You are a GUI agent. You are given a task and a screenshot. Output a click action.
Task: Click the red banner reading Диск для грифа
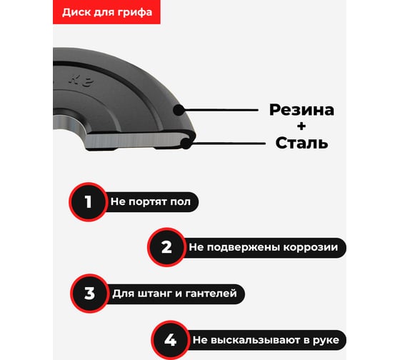(106, 12)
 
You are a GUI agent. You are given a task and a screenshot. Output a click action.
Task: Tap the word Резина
(301, 110)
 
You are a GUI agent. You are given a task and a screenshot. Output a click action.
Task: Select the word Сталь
(301, 143)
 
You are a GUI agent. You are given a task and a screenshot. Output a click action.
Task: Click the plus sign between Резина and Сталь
(301, 126)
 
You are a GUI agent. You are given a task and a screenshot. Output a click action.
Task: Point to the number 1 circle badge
(89, 202)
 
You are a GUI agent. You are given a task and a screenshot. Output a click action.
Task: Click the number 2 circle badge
(167, 247)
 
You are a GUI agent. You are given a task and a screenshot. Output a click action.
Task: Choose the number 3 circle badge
(90, 294)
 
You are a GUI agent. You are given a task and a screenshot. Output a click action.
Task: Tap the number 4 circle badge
(171, 340)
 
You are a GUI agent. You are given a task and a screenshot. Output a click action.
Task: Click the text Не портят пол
(151, 202)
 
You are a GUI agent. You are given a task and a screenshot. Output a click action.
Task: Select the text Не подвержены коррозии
(264, 247)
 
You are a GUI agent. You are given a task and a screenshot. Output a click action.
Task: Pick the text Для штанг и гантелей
(174, 294)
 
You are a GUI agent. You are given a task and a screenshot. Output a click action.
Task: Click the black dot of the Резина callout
(179, 110)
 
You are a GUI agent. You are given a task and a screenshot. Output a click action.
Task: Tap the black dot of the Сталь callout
(186, 144)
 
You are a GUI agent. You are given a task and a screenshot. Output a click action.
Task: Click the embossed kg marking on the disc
(81, 81)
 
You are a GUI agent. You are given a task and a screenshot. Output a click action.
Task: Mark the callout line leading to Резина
(221, 110)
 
